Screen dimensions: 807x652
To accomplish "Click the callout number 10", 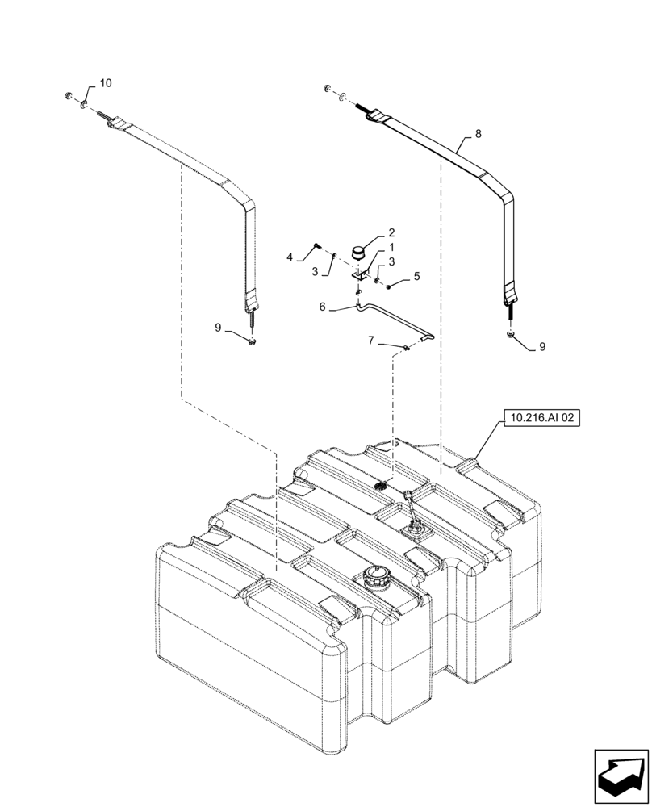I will pyautogui.click(x=106, y=84).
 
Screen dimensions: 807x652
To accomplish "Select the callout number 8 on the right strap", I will pyautogui.click(x=479, y=135).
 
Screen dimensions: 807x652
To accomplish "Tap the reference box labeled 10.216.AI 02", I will pyautogui.click(x=541, y=418).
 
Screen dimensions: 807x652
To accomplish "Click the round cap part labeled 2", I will pyautogui.click(x=357, y=249).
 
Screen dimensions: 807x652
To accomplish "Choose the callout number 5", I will pyautogui.click(x=416, y=276).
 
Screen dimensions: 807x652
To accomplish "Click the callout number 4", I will pyautogui.click(x=290, y=257).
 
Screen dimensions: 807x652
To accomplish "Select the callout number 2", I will pyautogui.click(x=391, y=232).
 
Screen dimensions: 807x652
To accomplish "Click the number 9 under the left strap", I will pyautogui.click(x=217, y=327).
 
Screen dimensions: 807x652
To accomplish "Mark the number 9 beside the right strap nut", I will pyautogui.click(x=541, y=346).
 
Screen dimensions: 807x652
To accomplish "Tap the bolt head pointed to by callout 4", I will pyautogui.click(x=316, y=245).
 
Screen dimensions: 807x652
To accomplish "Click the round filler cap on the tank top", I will pyautogui.click(x=377, y=576).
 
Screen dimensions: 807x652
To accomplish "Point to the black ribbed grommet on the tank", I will pyautogui.click(x=382, y=484).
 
